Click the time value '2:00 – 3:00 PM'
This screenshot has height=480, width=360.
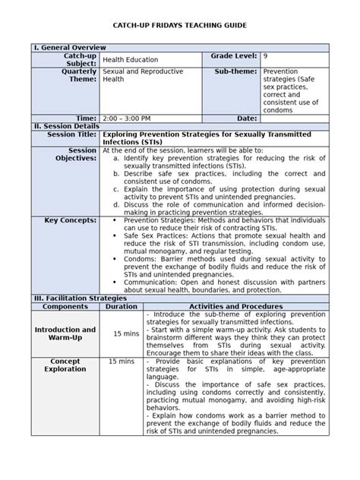point(127,118)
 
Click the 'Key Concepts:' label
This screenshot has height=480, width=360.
point(71,219)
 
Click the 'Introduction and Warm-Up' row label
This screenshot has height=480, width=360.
point(65,333)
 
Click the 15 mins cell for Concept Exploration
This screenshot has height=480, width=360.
point(122,362)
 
